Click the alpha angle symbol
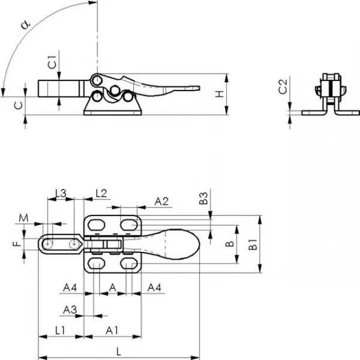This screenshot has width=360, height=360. [26, 25]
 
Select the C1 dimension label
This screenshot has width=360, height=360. [52, 62]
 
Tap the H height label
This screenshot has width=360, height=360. [220, 94]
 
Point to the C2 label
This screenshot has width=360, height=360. [283, 86]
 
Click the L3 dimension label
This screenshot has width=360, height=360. [61, 193]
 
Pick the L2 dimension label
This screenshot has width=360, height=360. [101, 193]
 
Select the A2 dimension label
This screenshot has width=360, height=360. [161, 202]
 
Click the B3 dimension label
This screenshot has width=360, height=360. [203, 199]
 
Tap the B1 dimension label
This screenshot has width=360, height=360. [253, 244]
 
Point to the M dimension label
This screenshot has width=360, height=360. [23, 218]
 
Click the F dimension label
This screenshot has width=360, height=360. [17, 243]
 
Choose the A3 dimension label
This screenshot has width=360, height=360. [70, 310]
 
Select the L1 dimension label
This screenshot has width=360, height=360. [60, 331]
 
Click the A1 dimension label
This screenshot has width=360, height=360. [112, 331]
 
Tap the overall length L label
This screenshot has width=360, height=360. [118, 352]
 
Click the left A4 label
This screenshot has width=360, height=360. [70, 287]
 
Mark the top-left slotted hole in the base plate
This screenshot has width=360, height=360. [97, 225]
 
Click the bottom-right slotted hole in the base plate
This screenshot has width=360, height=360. [129, 263]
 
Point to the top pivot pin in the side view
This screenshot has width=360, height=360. [97, 80]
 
